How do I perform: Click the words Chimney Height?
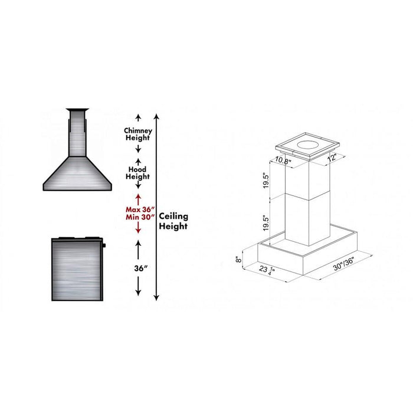click(x=138, y=134)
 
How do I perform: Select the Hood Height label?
click(x=138, y=173)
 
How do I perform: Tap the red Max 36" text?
click(x=139, y=209)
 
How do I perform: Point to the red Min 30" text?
click(x=139, y=217)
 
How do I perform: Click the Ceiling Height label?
click(x=173, y=221)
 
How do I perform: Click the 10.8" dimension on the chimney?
click(x=283, y=161)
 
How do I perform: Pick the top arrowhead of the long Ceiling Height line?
click(x=155, y=114)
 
